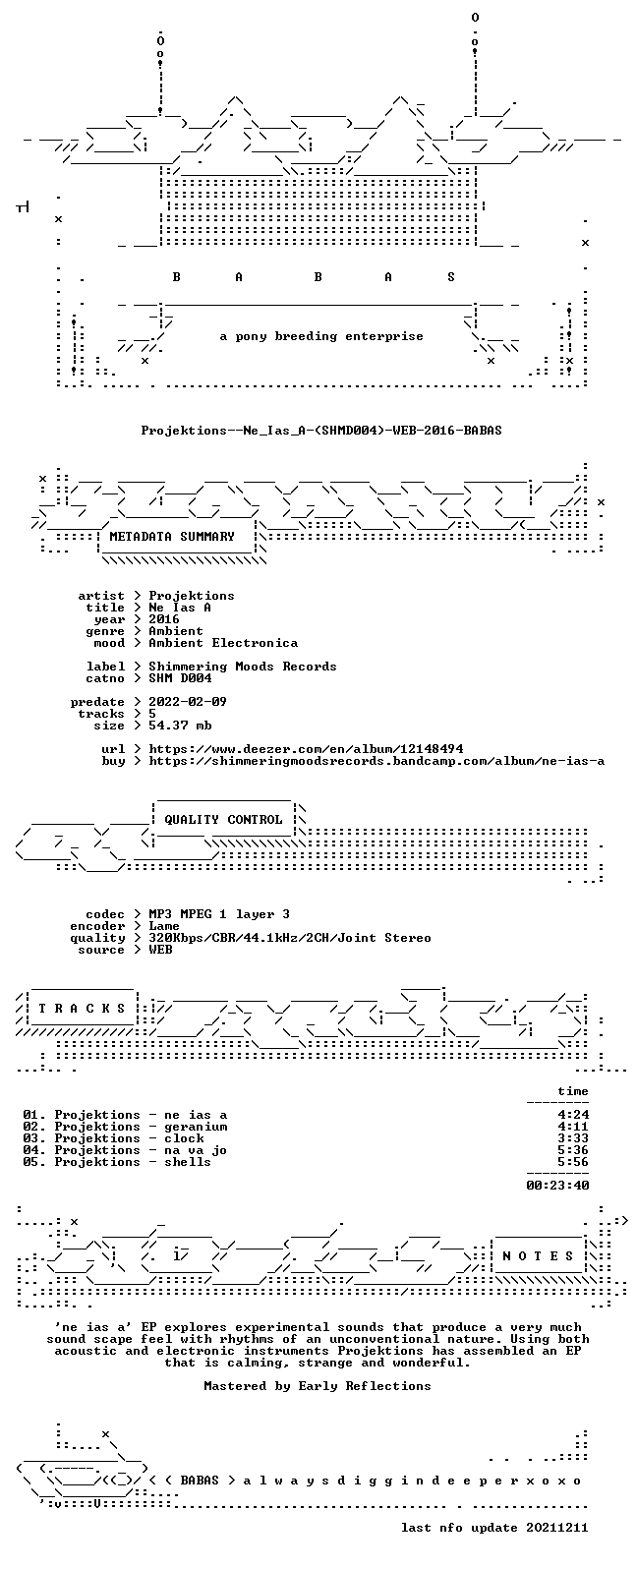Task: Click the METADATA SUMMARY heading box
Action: click(x=172, y=537)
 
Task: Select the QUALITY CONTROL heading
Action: click(x=223, y=820)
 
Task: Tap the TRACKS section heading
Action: click(x=82, y=1009)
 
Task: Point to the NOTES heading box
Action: click(x=538, y=1256)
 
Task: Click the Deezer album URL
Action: click(x=307, y=749)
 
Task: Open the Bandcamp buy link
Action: click(x=376, y=761)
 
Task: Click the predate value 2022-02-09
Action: click(x=187, y=702)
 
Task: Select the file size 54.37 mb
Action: click(x=180, y=726)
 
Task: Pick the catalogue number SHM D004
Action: click(x=180, y=678)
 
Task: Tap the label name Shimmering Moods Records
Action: click(x=243, y=667)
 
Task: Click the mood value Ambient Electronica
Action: click(x=223, y=643)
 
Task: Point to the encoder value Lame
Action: click(x=164, y=926)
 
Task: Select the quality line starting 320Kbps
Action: click(x=289, y=938)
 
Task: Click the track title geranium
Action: click(x=196, y=1127)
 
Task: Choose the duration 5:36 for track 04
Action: click(x=573, y=1150)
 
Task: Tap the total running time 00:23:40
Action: click(x=557, y=1186)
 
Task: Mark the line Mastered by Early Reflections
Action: click(x=318, y=1386)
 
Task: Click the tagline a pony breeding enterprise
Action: click(x=320, y=336)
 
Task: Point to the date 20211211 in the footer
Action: click(x=557, y=1528)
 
